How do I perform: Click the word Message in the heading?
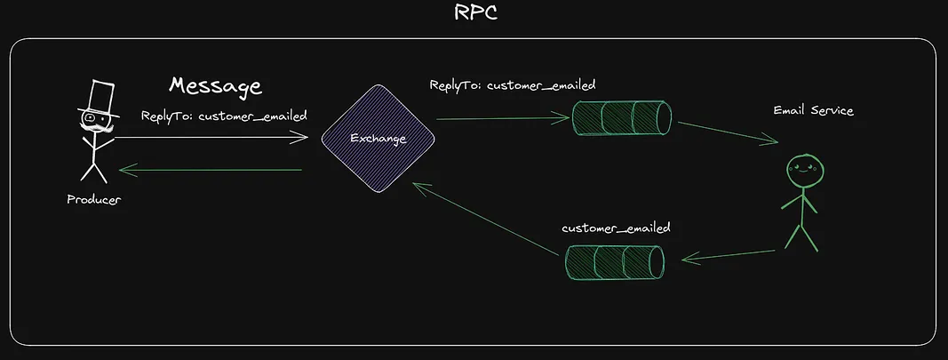click(x=216, y=86)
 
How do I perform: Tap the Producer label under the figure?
click(x=93, y=199)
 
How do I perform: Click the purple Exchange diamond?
click(x=378, y=139)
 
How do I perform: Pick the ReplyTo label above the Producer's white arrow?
click(x=224, y=116)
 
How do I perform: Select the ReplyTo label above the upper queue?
click(x=512, y=85)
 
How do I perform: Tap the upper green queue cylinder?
click(x=621, y=117)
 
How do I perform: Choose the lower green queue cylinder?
click(x=615, y=260)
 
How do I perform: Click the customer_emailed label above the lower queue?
click(x=616, y=228)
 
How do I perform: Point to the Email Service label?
click(x=813, y=110)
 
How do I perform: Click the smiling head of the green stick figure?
click(x=803, y=168)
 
